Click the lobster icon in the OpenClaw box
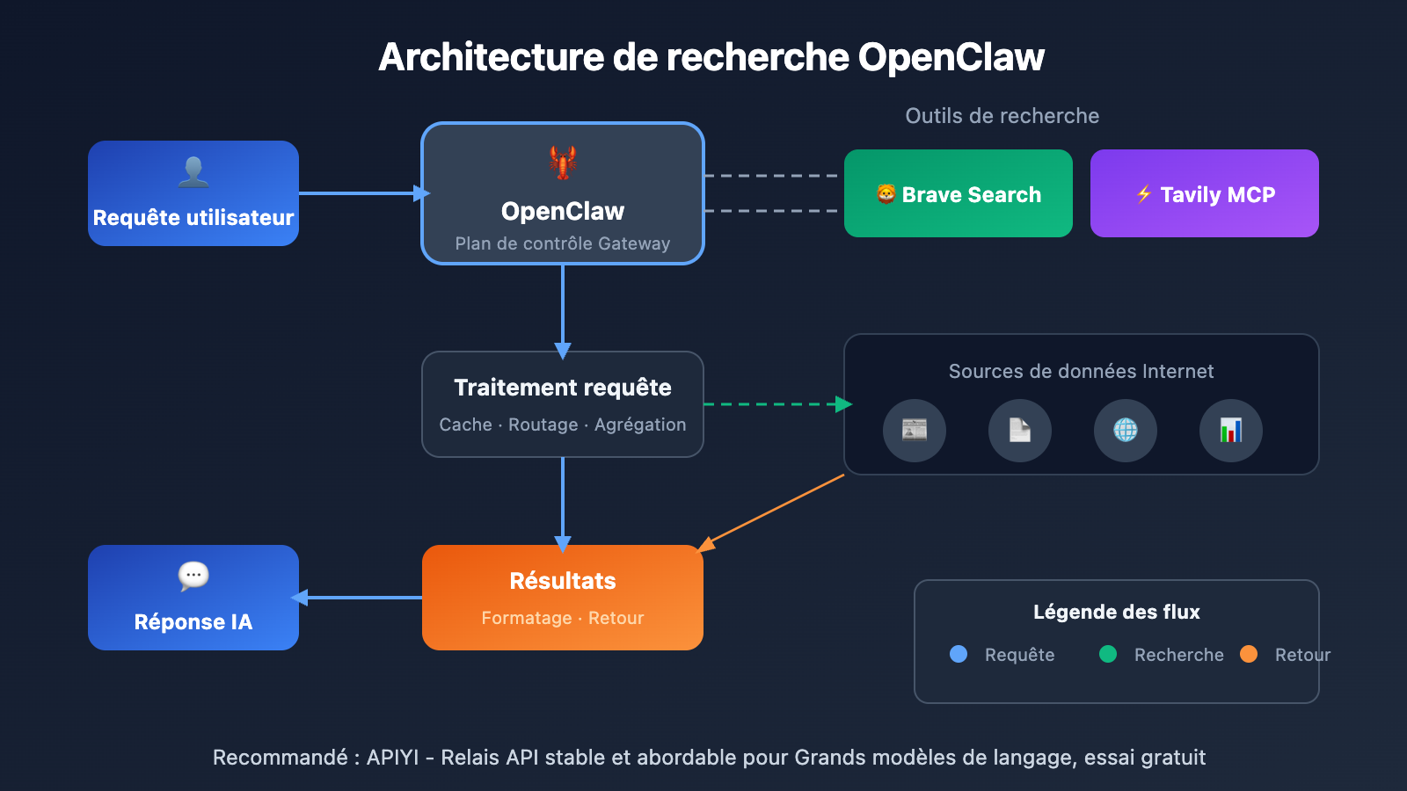pyautogui.click(x=563, y=163)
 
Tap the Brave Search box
pyautogui.click(x=959, y=193)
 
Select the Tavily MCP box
pyautogui.click(x=1205, y=193)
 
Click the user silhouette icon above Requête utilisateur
pyautogui.click(x=193, y=171)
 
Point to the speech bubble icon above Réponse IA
pyautogui.click(x=193, y=576)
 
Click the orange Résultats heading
pyautogui.click(x=563, y=581)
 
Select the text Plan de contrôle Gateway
pyautogui.click(x=563, y=243)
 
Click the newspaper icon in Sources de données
pyautogui.click(x=915, y=431)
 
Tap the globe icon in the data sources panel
pyautogui.click(x=1126, y=431)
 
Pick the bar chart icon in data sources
pyautogui.click(x=1231, y=431)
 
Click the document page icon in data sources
pyautogui.click(x=1020, y=431)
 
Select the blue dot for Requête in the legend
pyautogui.click(x=959, y=654)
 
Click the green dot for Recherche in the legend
pyautogui.click(x=1108, y=654)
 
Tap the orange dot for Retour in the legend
pyautogui.click(x=1249, y=654)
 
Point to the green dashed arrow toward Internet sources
pyautogui.click(x=774, y=404)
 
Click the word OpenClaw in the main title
pyautogui.click(x=951, y=57)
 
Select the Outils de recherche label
pyautogui.click(x=1002, y=116)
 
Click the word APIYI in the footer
pyautogui.click(x=392, y=758)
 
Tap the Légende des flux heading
pyautogui.click(x=1117, y=612)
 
